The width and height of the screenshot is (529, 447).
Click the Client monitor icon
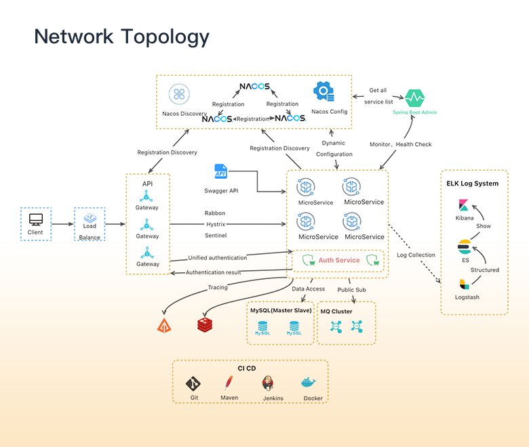point(36,219)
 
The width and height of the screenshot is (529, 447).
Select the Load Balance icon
point(90,219)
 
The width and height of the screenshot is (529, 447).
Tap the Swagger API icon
point(221,172)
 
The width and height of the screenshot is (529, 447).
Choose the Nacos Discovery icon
point(179,94)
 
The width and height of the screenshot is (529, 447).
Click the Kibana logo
point(465,205)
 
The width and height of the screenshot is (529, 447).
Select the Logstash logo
point(464,284)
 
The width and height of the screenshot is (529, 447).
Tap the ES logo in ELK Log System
point(465,245)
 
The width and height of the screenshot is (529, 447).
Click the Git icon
point(194,383)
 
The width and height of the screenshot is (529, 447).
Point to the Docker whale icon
point(311,383)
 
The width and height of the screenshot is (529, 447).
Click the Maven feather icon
point(231,382)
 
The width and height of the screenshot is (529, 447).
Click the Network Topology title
point(122,36)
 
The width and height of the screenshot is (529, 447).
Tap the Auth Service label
point(339,260)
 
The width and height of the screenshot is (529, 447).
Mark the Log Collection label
point(416,255)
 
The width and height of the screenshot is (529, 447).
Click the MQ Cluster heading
point(337,311)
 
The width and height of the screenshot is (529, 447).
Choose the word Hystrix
point(215,224)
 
